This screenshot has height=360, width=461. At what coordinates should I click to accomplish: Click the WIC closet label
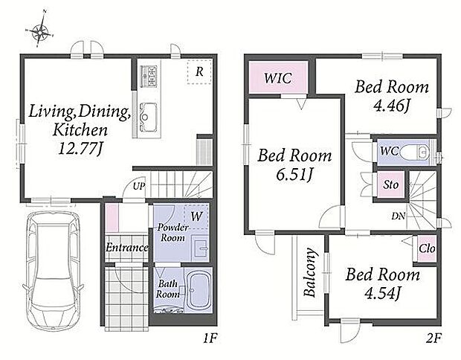(278, 78)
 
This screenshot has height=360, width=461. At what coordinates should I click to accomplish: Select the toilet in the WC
(416, 152)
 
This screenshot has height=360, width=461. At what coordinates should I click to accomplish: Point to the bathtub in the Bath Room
(199, 290)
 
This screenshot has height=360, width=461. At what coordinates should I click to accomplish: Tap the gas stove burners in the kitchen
(149, 76)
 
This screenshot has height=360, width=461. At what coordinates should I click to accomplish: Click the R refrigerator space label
(199, 71)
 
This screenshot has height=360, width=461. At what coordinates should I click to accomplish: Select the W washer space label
(197, 216)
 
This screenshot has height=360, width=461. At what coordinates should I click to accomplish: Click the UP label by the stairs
(139, 186)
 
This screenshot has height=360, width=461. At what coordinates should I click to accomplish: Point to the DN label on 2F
(399, 216)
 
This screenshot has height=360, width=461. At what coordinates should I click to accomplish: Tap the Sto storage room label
(390, 184)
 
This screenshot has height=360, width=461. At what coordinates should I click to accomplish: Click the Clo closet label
(427, 249)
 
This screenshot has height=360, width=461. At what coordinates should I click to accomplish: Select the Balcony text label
(311, 272)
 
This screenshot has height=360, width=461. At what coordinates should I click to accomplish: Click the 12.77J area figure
(80, 149)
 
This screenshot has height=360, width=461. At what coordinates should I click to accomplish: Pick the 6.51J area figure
(294, 175)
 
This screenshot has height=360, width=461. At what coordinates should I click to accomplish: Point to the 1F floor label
(210, 339)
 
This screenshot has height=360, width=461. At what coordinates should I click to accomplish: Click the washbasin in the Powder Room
(201, 249)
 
